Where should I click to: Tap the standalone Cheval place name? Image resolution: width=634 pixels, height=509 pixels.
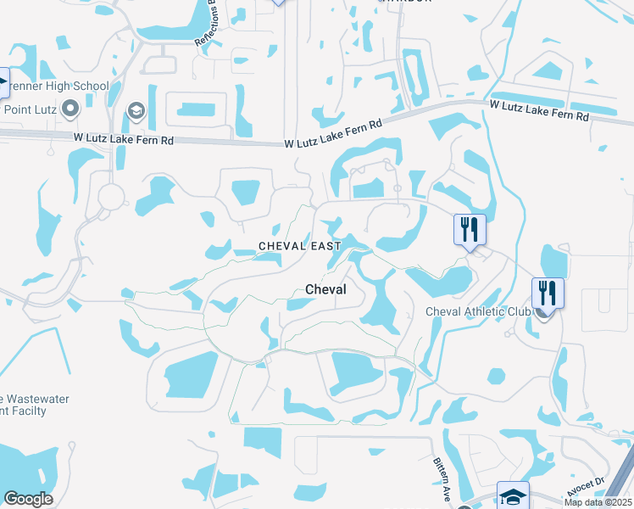(x=325, y=290)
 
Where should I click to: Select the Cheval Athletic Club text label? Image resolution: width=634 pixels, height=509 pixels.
(x=478, y=311)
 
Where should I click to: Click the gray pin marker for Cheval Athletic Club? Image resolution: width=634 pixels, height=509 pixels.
(x=542, y=312)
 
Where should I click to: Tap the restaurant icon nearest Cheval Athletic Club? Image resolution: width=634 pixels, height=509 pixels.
(x=548, y=294)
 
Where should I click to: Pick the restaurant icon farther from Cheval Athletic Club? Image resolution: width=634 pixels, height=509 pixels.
(x=469, y=229)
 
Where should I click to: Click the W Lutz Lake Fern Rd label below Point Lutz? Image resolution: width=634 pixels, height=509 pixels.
(x=124, y=137)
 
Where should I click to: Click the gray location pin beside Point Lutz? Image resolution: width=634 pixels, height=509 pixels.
(x=71, y=108)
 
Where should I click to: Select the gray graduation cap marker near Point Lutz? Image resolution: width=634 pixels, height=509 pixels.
(x=136, y=111)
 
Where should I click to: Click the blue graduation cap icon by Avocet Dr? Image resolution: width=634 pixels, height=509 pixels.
(x=513, y=496)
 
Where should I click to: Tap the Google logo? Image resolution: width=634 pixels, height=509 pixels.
(x=28, y=499)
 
